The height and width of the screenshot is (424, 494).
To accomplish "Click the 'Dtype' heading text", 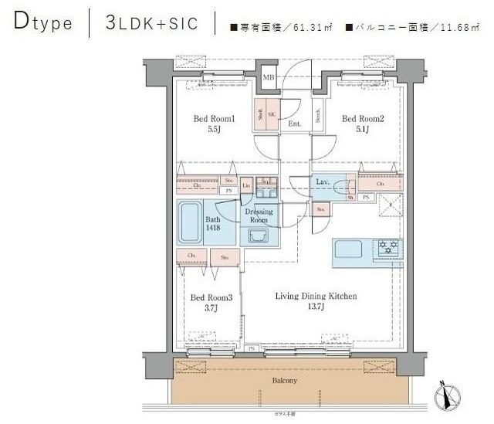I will [43, 23].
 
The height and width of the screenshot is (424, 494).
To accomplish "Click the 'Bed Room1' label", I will [213, 120].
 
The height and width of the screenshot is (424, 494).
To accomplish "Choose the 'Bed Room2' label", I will [362, 119].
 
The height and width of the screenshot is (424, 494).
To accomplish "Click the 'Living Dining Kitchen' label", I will [317, 296].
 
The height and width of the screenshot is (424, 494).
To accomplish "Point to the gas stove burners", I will [387, 248].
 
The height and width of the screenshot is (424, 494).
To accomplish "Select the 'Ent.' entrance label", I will [294, 124].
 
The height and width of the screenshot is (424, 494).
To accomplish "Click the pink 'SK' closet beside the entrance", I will [272, 111].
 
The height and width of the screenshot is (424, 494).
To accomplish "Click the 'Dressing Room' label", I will [259, 215].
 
